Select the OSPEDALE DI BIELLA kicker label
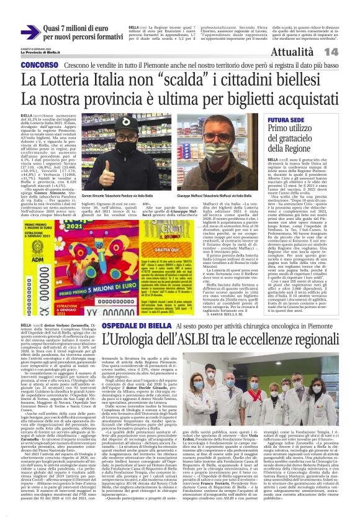pos(143,325)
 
